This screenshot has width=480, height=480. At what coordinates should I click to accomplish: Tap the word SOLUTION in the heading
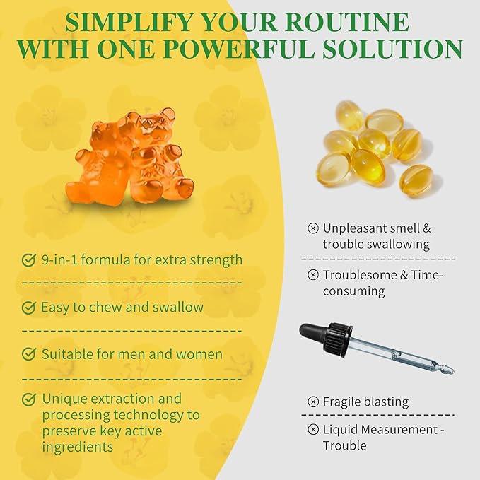point(393,49)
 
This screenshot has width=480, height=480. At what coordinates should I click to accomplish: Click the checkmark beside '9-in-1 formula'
point(29,260)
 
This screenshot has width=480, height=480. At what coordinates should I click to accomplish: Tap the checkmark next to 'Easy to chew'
point(29,308)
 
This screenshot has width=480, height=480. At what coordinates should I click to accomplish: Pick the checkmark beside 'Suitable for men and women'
point(29,354)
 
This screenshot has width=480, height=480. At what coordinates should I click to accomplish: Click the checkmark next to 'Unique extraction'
point(29,399)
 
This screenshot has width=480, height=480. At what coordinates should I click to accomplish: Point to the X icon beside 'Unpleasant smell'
point(313,228)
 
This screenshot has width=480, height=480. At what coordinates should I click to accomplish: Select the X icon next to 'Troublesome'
point(313,274)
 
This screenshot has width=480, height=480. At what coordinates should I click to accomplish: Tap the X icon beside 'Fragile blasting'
point(313,402)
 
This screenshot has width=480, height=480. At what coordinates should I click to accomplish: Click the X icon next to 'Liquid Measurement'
point(313,430)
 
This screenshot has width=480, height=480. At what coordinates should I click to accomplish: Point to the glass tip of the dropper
point(447,370)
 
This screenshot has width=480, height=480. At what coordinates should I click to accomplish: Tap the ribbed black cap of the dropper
point(337,338)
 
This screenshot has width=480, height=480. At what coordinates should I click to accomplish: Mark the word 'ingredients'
point(78,447)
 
